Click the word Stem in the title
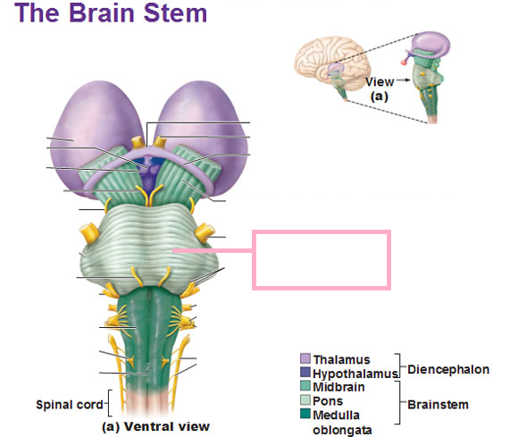click(175, 13)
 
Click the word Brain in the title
click(102, 13)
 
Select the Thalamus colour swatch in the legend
click(305, 358)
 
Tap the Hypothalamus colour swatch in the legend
click(305, 373)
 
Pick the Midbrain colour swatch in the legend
click(305, 386)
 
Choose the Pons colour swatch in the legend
click(305, 400)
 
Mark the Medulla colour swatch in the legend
click(305, 414)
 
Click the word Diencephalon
click(448, 370)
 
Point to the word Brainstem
click(438, 405)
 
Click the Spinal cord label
click(70, 405)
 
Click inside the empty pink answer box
click(322, 260)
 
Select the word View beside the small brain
click(380, 81)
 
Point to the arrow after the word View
click(404, 80)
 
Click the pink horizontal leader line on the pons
click(213, 251)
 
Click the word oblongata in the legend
click(342, 430)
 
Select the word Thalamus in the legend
click(341, 359)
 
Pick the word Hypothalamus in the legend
click(355, 374)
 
